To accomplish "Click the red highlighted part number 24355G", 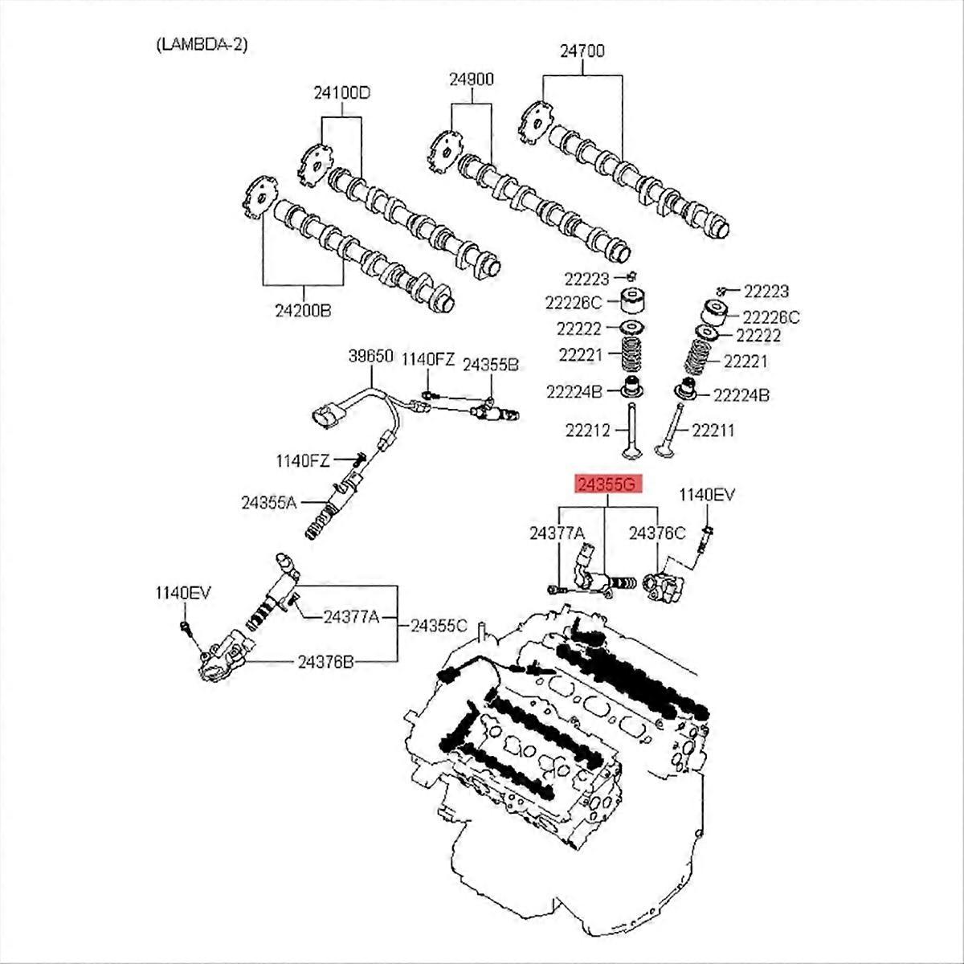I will tap(607, 484).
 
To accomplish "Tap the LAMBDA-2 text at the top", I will tap(201, 44).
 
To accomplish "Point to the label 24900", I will tap(472, 79).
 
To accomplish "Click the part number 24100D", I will tap(341, 92).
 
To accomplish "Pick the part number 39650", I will tap(370, 356).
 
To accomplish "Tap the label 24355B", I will tap(491, 364).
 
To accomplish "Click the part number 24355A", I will tap(269, 503).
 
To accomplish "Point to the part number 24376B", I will tap(326, 662).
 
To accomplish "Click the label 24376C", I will tap(657, 532).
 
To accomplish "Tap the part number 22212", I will tap(588, 431).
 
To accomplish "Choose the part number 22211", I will tap(713, 431).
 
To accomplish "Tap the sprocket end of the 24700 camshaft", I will tap(534, 125).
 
